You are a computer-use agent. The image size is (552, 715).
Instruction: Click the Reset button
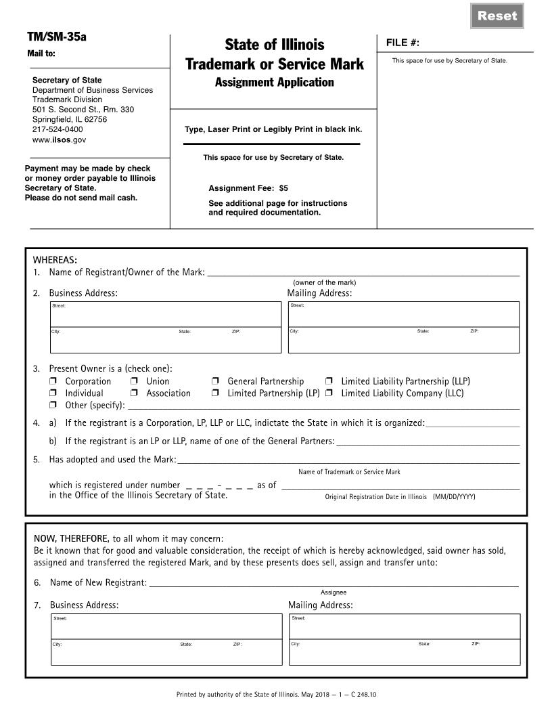tap(497, 16)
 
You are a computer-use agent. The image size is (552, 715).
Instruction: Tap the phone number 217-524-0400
tap(57, 129)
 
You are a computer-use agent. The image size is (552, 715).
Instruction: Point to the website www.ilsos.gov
tap(59, 139)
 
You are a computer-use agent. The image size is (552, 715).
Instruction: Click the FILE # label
tap(402, 43)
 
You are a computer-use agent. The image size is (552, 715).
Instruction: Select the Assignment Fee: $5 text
tap(248, 188)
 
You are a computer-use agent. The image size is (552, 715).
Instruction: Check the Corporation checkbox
tap(53, 382)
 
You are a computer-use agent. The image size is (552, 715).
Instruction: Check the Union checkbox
tap(134, 382)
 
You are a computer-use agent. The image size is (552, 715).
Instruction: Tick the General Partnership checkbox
tap(215, 382)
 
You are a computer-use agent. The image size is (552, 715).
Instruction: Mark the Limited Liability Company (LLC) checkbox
tap(329, 393)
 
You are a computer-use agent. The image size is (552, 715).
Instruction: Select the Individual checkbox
tap(53, 393)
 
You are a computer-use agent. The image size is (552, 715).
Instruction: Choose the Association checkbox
tap(134, 393)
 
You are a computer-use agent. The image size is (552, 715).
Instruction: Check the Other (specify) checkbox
tap(53, 406)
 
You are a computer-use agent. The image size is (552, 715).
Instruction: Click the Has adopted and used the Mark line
tap(348, 460)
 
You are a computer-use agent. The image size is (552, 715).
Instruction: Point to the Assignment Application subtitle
tap(274, 83)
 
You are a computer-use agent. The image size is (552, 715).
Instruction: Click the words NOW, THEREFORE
tap(72, 538)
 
